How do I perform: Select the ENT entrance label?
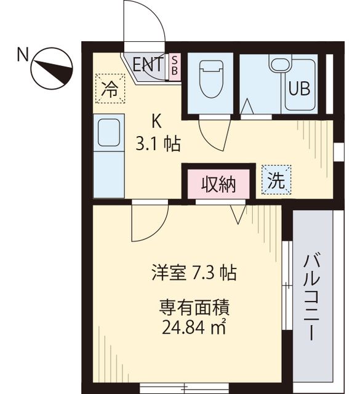[148, 64]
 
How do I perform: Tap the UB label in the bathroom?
[300, 89]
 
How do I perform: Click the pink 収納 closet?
[219, 184]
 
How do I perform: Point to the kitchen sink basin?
[108, 133]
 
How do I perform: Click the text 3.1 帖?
[158, 144]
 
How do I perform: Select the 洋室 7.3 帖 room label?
[194, 273]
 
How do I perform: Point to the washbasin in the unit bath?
[280, 64]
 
